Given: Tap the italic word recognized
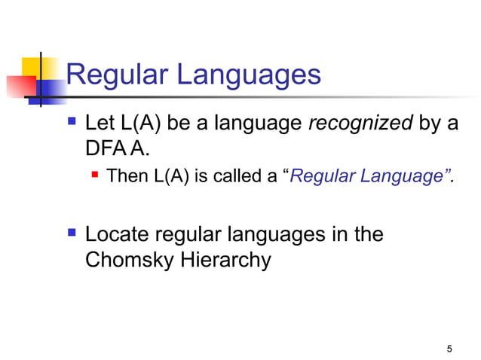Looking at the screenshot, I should pos(360,124).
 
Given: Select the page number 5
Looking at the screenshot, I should pos(449,349).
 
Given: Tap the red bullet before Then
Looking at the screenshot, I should pos(95,176).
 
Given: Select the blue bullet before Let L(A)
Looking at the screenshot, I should pos(72,121).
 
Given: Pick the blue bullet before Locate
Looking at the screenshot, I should pos(72,233).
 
